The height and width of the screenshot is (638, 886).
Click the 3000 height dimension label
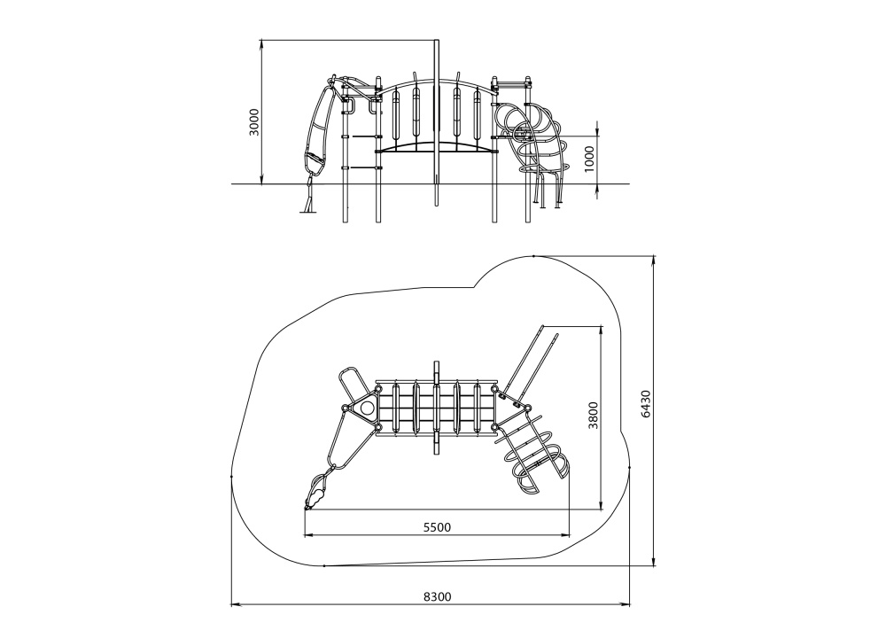point(254,121)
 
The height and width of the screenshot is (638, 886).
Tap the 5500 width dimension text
point(438,528)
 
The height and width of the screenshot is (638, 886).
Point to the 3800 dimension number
point(593,416)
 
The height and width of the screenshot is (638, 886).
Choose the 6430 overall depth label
point(647,403)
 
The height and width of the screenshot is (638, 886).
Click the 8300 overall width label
point(438,596)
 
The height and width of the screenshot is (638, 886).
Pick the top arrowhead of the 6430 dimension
point(654,261)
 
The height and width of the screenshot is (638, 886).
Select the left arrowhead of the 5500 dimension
point(309,535)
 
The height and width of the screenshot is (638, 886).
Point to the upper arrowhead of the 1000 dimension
point(598,132)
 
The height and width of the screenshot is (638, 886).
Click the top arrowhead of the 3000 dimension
point(261,45)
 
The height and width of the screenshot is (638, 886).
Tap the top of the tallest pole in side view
point(436,41)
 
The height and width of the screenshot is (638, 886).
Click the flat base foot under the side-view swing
point(308,212)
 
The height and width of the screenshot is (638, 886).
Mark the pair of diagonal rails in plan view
point(531,362)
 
